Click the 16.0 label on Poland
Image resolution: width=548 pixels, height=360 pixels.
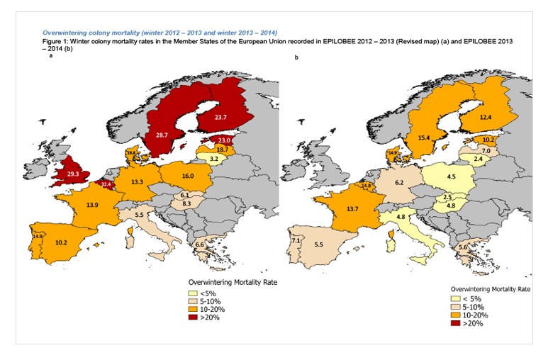pos(186,174)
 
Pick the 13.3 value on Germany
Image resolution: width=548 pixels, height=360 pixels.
pos(139,182)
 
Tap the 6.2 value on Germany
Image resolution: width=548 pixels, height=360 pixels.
pos(398,184)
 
